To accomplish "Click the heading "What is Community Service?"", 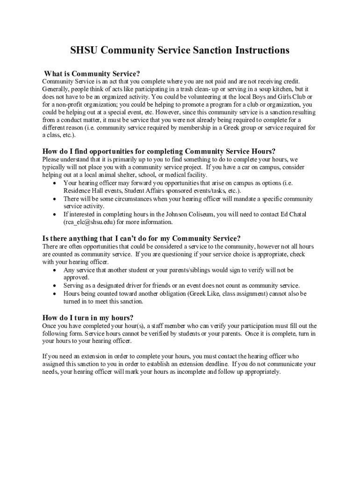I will [92, 73].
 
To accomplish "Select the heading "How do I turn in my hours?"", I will [88, 318].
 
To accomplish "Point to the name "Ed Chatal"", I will [294, 214].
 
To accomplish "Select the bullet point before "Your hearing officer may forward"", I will [56, 183].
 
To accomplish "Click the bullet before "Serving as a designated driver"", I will [56, 285].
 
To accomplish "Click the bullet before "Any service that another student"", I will [56, 270].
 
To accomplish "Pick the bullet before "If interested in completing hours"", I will [56, 214].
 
